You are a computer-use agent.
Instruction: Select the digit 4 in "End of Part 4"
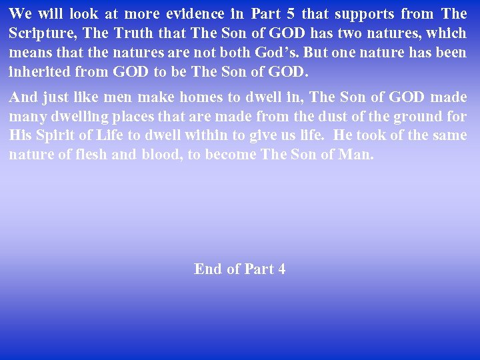coord(281,269)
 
